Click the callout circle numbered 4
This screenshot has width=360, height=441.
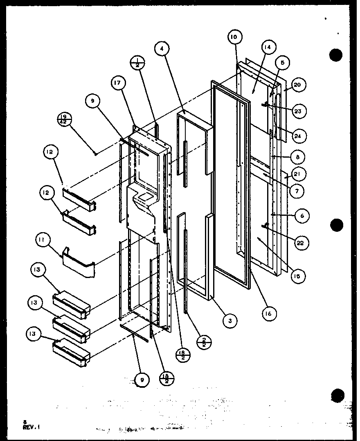coord(162,49)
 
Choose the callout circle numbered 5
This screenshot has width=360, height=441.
coord(283,63)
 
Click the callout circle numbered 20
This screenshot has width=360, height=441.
coord(297,85)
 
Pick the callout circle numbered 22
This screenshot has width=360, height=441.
coord(301,243)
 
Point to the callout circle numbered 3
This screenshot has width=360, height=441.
coord(230,321)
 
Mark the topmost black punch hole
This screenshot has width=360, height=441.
coord(336,55)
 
